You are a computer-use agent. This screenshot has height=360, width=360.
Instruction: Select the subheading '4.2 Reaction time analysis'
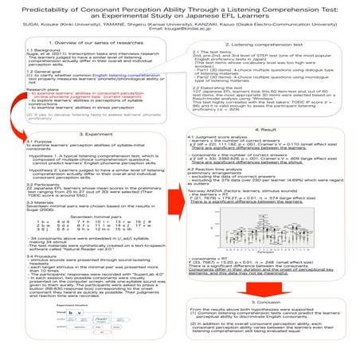click(223, 172)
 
